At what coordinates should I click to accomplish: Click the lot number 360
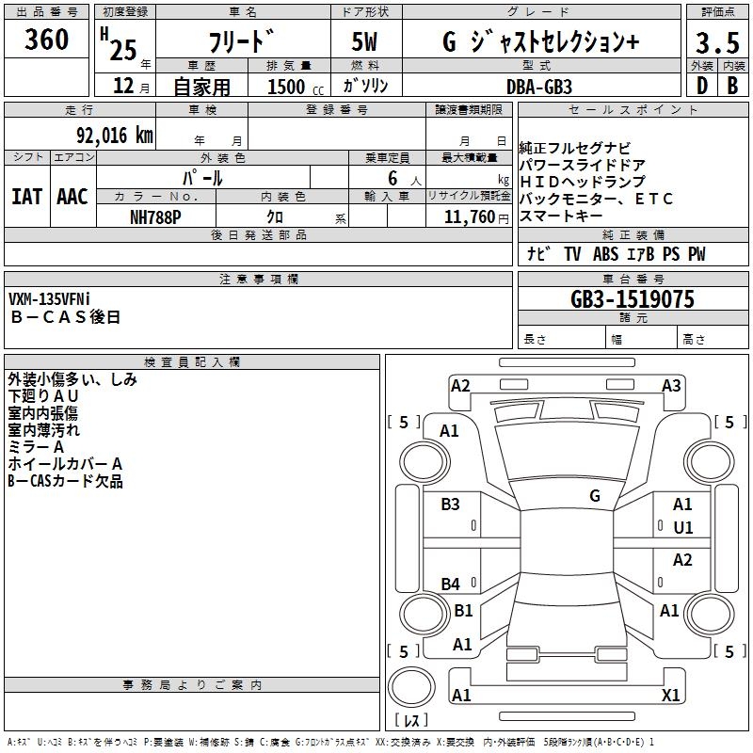tap(47, 40)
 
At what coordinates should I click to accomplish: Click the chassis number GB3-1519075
tap(632, 299)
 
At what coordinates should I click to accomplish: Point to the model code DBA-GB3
tap(539, 86)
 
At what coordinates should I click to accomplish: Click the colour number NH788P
tap(156, 216)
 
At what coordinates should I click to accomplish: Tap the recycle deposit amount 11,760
tap(468, 216)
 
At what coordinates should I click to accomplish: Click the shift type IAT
tap(27, 197)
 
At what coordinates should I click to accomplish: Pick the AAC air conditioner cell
tap(72, 197)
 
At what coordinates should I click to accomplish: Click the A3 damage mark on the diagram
tap(671, 385)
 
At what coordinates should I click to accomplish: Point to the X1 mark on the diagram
tap(671, 695)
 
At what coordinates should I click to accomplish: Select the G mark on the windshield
tap(595, 495)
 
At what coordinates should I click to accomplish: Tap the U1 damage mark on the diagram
tap(682, 527)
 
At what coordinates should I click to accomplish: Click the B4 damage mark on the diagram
tap(451, 585)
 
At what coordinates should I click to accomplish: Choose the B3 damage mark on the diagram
tap(451, 505)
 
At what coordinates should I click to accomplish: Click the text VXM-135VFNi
tap(62, 299)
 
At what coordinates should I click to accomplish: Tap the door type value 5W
tap(366, 42)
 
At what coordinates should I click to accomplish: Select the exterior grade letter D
tap(701, 86)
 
